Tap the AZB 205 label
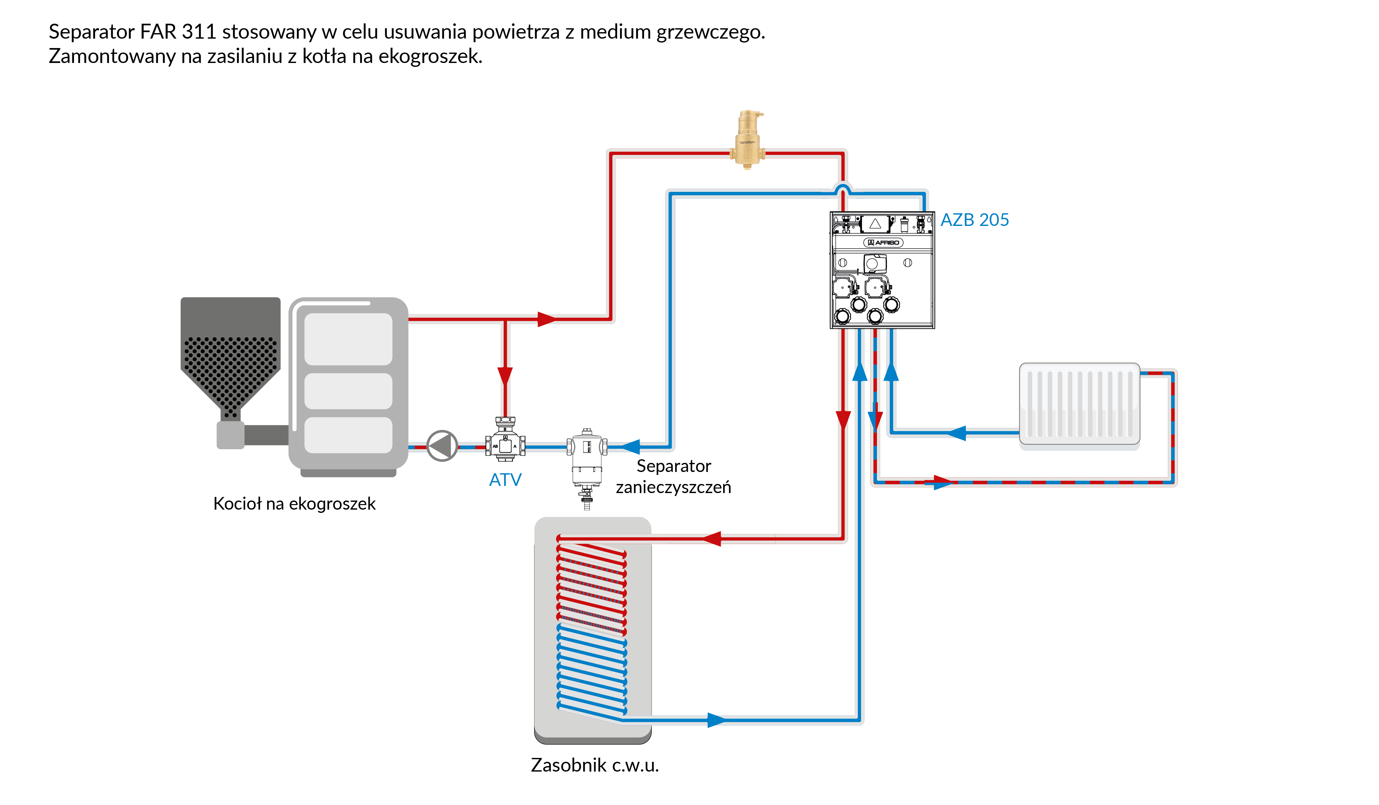[974, 220]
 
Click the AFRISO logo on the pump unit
[883, 242]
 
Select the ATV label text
[505, 480]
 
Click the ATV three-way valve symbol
[505, 441]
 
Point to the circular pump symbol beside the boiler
[442, 446]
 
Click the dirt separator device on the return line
[587, 460]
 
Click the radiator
[1079, 403]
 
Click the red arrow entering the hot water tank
[711, 539]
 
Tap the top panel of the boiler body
[348, 339]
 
